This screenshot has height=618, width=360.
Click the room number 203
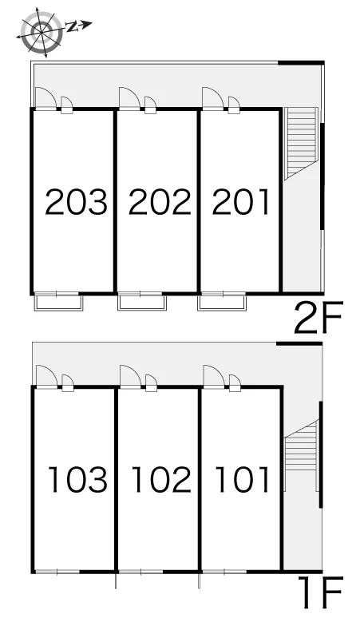(76, 202)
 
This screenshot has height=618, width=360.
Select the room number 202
(160, 202)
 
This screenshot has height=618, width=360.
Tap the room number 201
(240, 202)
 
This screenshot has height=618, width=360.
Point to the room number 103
(77, 479)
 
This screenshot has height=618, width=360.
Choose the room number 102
(161, 479)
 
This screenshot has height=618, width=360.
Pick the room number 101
(243, 479)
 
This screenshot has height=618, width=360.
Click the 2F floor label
(318, 317)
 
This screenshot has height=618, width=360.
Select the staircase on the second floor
(301, 143)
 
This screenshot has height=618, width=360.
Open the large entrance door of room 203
(45, 97)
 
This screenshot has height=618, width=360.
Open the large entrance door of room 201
(212, 97)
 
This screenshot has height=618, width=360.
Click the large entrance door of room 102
(130, 375)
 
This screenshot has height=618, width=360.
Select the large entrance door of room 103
(46, 375)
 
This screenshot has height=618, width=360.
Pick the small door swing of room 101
(235, 382)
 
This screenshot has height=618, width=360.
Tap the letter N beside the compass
(71, 26)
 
